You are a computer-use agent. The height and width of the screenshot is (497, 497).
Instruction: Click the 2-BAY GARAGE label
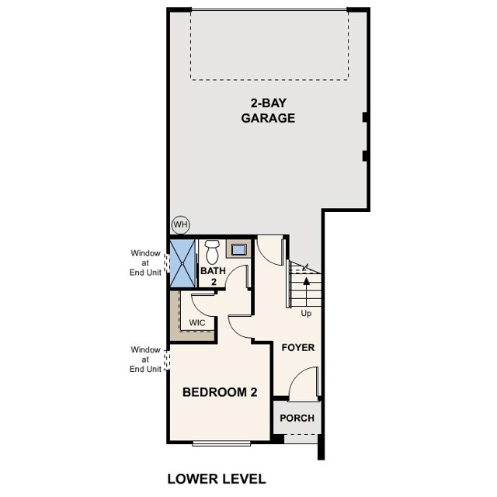tap(267, 111)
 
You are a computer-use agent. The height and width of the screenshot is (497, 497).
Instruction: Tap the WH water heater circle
tap(180, 224)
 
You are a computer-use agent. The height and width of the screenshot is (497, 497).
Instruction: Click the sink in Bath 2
tap(238, 251)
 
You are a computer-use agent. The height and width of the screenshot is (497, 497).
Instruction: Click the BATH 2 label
tap(212, 276)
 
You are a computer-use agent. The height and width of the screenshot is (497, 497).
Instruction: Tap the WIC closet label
tap(196, 321)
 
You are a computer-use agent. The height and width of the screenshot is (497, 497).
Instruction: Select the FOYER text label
tap(297, 347)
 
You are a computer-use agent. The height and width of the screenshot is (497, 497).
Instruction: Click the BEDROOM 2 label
tap(219, 392)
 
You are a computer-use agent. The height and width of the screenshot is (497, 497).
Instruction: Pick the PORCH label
tap(297, 418)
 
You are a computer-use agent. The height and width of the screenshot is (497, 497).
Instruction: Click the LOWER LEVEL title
tap(217, 478)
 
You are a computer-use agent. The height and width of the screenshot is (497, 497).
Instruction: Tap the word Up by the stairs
tap(308, 313)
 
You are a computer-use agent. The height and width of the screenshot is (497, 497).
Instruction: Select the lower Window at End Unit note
tap(145, 359)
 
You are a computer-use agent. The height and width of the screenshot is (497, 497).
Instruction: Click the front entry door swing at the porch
tap(304, 384)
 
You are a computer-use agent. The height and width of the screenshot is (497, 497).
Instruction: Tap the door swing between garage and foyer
tap(269, 250)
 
